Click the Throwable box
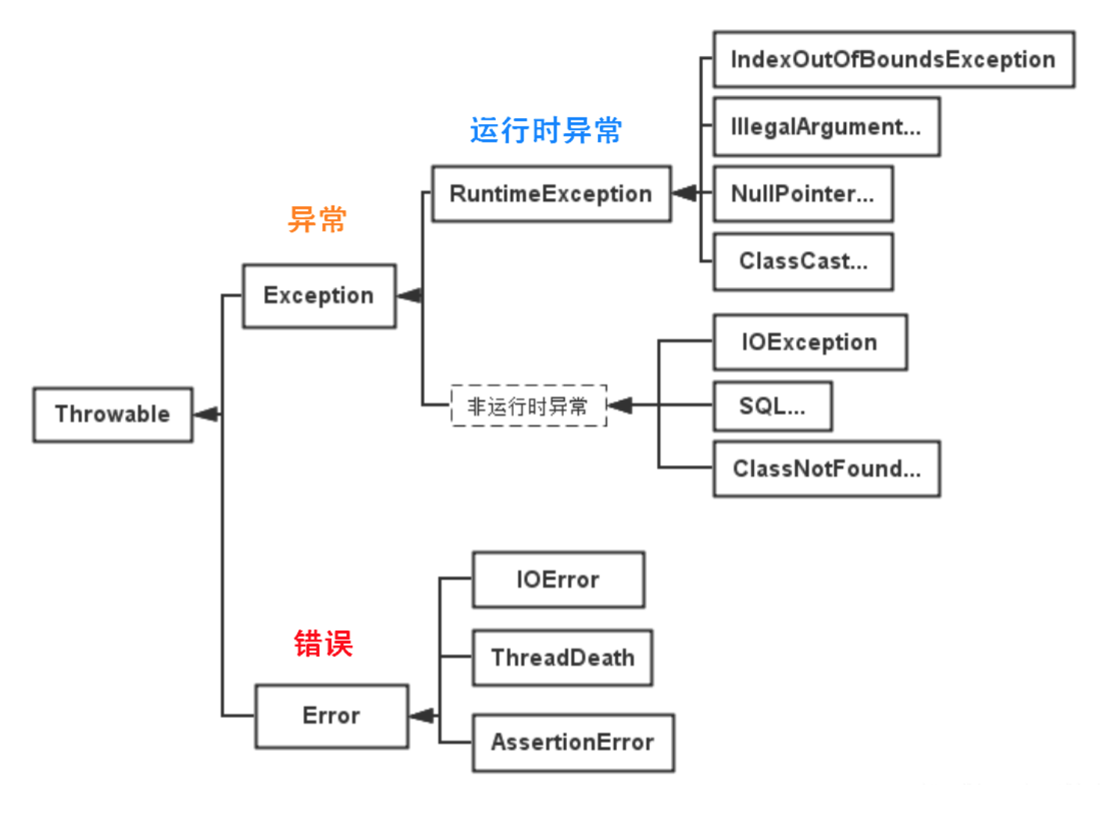click(x=113, y=415)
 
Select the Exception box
click(x=319, y=296)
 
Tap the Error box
click(x=331, y=716)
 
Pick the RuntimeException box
click(x=551, y=194)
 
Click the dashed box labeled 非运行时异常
click(x=528, y=406)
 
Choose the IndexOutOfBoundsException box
click(x=893, y=60)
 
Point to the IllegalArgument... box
click(x=826, y=127)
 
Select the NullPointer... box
click(x=803, y=194)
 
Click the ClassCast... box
click(x=803, y=262)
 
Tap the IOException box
click(x=809, y=342)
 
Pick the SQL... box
click(x=772, y=407)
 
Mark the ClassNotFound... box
click(x=826, y=469)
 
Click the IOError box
click(x=558, y=580)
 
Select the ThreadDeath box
click(x=562, y=658)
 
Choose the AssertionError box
click(x=572, y=742)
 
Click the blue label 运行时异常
click(x=546, y=131)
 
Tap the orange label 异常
click(x=317, y=220)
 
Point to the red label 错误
click(x=323, y=643)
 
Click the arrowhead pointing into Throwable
click(x=206, y=414)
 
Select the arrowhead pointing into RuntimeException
click(x=684, y=194)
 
